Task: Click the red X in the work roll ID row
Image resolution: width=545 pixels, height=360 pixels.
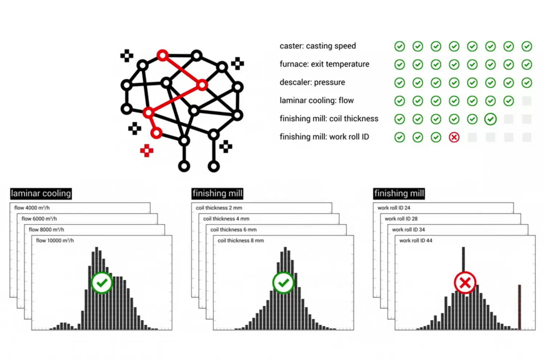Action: pos(454,137)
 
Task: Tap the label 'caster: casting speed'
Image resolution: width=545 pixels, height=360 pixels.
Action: pos(318,46)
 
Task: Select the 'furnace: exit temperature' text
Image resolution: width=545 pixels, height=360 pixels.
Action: pos(324,64)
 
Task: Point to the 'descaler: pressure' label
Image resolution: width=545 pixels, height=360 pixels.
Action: pos(312,83)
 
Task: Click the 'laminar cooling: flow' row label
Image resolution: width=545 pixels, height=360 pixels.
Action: pos(316,101)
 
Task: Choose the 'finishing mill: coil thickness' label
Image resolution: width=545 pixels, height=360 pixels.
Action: pos(329,119)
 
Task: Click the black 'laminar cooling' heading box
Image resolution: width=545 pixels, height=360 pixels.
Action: pos(41,193)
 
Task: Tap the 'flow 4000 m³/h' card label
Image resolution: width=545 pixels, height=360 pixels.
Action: pos(32,208)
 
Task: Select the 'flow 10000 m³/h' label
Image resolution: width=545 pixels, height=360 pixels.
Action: pos(55,241)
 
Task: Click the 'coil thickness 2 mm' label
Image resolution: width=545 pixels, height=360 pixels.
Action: pos(219,208)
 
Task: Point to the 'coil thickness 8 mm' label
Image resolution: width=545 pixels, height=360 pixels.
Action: pos(241,241)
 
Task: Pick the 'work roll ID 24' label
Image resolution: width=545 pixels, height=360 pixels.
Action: pos(393,208)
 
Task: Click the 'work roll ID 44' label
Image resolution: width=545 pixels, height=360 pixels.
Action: pos(416,241)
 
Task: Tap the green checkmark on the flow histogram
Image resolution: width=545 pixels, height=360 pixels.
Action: pos(102,283)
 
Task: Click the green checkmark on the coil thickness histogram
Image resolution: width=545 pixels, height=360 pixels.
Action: pos(283,283)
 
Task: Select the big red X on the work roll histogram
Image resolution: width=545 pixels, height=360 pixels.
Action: pos(465,283)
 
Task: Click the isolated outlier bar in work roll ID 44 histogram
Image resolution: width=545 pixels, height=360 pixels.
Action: pos(519,307)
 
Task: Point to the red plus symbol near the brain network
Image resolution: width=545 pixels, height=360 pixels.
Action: pos(147,151)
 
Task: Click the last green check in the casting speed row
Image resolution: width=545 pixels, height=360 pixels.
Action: pos(527,46)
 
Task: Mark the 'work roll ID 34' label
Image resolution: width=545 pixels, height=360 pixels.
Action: pos(408,230)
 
